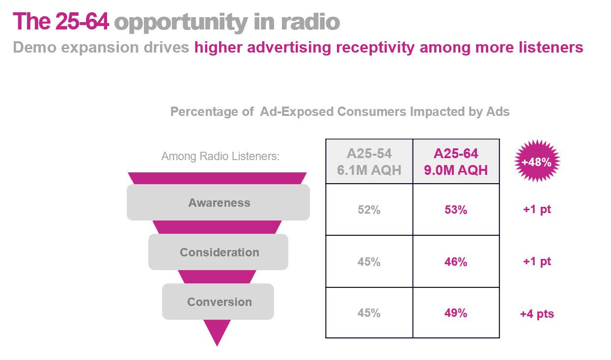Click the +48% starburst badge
pyautogui.click(x=537, y=162)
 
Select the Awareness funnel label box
pyautogui.click(x=219, y=202)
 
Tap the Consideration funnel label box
pyautogui.click(x=219, y=252)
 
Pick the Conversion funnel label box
pyautogui.click(x=219, y=302)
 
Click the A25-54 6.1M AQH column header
pyautogui.click(x=369, y=162)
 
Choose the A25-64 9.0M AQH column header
pyautogui.click(x=456, y=162)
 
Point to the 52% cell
pyautogui.click(x=369, y=210)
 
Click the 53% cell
pyautogui.click(x=456, y=210)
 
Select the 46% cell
pyautogui.click(x=456, y=262)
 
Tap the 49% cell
pyautogui.click(x=456, y=313)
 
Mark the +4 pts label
pyautogui.click(x=537, y=313)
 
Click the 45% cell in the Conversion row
pyautogui.click(x=369, y=313)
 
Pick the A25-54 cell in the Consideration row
pyautogui.click(x=369, y=262)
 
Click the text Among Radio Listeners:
pyautogui.click(x=220, y=157)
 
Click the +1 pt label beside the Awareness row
pyautogui.click(x=537, y=209)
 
